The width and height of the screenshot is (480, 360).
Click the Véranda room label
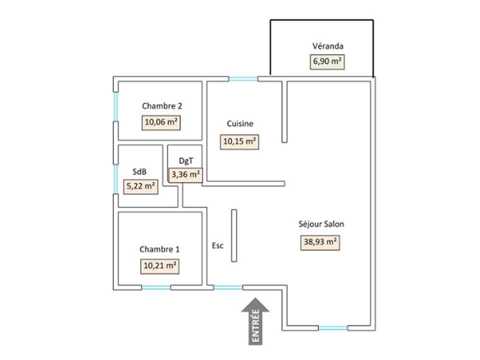point(328,46)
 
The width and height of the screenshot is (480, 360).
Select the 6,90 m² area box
point(327,61)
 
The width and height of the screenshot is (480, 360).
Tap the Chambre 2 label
point(162,106)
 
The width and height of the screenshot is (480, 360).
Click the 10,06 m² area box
point(161,122)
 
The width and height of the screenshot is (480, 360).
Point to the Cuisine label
point(240,124)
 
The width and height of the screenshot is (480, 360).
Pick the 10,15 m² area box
point(239,141)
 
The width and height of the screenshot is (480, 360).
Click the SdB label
point(139,171)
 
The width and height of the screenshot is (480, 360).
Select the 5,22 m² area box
point(140,187)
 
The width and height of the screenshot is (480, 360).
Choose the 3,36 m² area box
point(186,174)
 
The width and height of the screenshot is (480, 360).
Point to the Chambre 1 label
point(159,249)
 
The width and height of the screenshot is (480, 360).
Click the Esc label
point(218,245)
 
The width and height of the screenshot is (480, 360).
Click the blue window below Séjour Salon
point(333,328)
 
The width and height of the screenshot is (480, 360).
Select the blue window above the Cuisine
point(243,78)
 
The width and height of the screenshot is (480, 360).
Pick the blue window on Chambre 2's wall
point(115,106)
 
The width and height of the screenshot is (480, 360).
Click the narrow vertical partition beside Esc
point(233,235)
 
